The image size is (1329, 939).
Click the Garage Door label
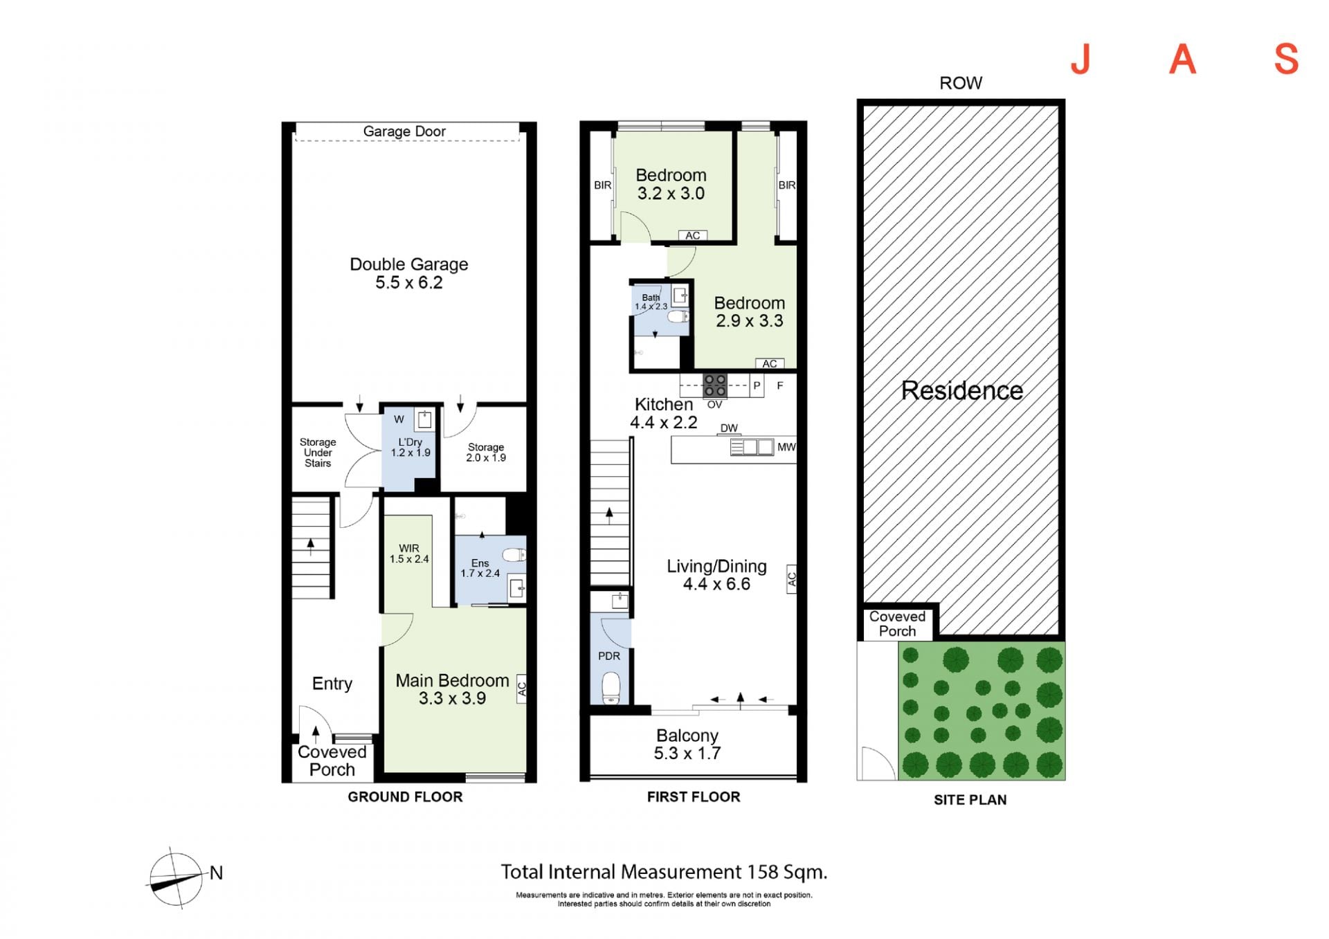404,131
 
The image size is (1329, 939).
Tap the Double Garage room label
408,273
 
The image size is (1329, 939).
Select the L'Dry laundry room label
410,447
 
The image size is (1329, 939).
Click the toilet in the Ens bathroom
514,555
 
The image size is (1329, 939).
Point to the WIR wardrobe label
409,554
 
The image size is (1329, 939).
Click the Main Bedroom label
452,689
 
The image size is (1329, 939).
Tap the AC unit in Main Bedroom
522,689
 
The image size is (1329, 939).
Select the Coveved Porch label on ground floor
332,760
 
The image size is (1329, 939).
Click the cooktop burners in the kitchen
715,385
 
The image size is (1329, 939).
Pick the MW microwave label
786,447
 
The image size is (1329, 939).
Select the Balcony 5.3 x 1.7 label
687,745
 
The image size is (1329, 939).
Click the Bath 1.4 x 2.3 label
651,302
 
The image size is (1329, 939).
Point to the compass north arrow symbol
177,877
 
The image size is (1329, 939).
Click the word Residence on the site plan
961,390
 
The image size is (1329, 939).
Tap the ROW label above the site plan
961,83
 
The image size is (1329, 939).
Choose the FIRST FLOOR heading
694,796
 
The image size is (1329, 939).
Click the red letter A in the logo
1182,60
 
